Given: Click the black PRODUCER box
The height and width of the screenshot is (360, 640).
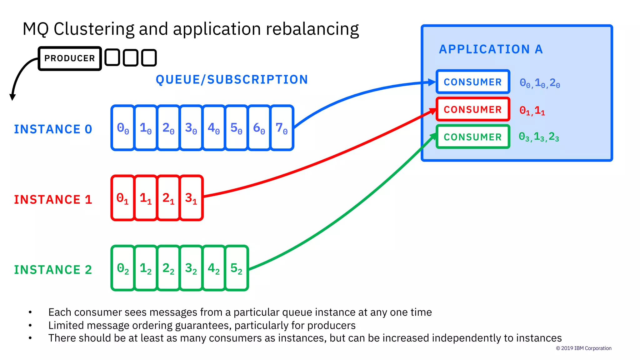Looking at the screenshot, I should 69,58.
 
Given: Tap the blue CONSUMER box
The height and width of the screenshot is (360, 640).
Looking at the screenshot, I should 472,82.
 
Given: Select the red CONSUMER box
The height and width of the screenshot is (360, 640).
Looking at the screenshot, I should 472,109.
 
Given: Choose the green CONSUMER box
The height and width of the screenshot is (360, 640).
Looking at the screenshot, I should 472,137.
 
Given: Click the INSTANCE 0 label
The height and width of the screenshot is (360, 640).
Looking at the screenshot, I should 53,129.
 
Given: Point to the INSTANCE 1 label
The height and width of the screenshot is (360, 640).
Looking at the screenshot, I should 53,199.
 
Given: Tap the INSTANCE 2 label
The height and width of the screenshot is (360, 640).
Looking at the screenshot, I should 53,270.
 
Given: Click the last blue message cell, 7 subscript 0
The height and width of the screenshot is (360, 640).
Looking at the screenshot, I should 282,128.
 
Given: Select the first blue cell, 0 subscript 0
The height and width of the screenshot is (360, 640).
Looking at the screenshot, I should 123,128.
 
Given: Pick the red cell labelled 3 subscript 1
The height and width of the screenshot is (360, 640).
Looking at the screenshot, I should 191,198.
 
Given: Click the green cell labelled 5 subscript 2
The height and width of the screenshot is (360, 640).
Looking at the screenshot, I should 236,268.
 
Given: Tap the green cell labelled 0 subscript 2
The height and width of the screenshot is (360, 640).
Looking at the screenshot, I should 123,268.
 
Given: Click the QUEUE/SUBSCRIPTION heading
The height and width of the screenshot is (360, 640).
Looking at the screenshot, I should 232,80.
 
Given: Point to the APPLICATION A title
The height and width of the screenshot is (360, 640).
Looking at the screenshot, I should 491,49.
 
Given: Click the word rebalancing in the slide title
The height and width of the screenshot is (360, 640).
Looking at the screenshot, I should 312,29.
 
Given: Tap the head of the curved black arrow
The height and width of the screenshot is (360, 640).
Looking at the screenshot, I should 12,97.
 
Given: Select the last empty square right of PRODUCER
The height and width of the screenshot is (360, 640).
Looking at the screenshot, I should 149,58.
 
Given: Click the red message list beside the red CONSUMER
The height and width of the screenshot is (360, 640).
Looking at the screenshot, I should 532,110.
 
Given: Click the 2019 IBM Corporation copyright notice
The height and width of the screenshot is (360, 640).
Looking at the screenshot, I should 583,348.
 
